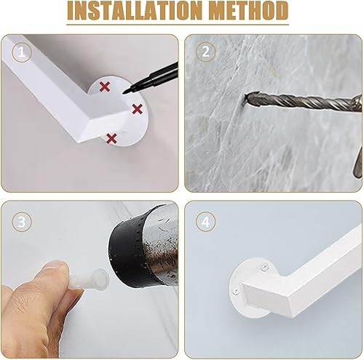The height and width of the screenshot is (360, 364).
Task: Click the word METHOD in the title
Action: (248, 11)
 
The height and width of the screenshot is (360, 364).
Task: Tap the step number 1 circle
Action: (22, 52)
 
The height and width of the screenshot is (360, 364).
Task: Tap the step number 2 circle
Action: (205, 52)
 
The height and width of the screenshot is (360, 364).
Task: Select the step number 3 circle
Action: (22, 222)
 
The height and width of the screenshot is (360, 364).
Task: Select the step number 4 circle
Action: (205, 222)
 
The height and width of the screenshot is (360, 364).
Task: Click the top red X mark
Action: (105, 87)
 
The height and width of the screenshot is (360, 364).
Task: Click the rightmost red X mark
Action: (138, 109)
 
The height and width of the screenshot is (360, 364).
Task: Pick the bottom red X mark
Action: (111, 138)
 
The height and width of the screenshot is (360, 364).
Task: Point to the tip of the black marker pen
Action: (124, 93)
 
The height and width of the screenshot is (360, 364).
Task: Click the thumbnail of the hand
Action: (55, 265)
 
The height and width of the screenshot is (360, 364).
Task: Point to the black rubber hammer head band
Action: (129, 245)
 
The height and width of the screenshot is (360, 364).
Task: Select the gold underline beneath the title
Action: (178, 24)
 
